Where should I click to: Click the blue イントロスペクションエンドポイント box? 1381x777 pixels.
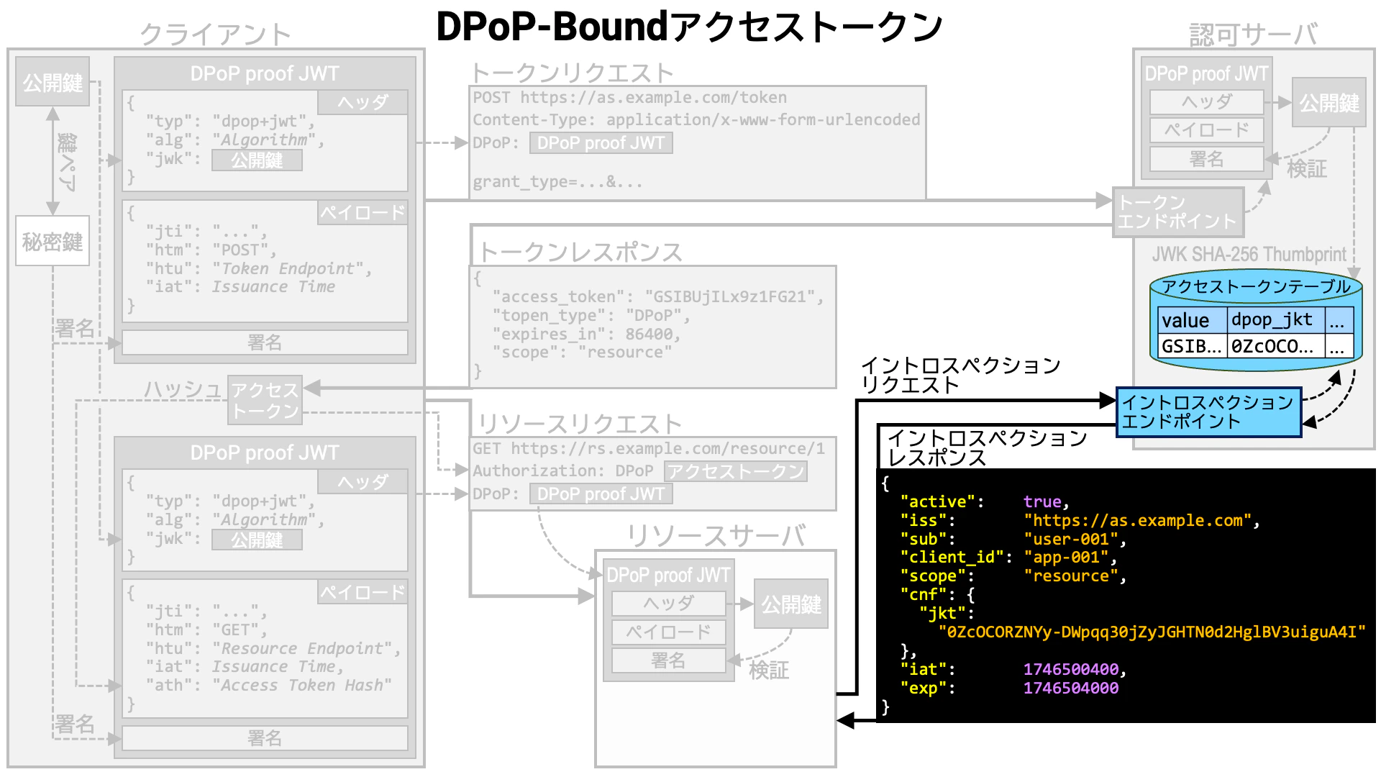click(x=1208, y=412)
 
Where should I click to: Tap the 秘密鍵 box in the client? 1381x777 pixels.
click(x=53, y=241)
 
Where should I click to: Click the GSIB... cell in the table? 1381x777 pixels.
click(x=1191, y=347)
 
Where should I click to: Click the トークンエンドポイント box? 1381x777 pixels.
click(x=1177, y=212)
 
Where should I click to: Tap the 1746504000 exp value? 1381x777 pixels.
click(x=1070, y=689)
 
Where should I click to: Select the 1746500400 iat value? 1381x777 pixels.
click(x=1070, y=670)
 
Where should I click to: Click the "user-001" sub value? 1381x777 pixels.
click(x=1070, y=540)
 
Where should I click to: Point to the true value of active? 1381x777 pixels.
click(x=1042, y=502)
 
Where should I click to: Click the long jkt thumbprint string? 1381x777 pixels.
click(x=1151, y=632)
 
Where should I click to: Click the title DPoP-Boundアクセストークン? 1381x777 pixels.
click(x=689, y=27)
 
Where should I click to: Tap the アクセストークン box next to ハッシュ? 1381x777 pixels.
click(x=265, y=400)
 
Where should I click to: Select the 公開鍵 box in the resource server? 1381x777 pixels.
click(x=790, y=604)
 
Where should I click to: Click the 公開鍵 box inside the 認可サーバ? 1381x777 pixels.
click(x=1328, y=103)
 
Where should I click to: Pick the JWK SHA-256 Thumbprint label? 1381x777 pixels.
click(x=1249, y=255)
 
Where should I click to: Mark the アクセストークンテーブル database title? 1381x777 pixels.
click(x=1256, y=287)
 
